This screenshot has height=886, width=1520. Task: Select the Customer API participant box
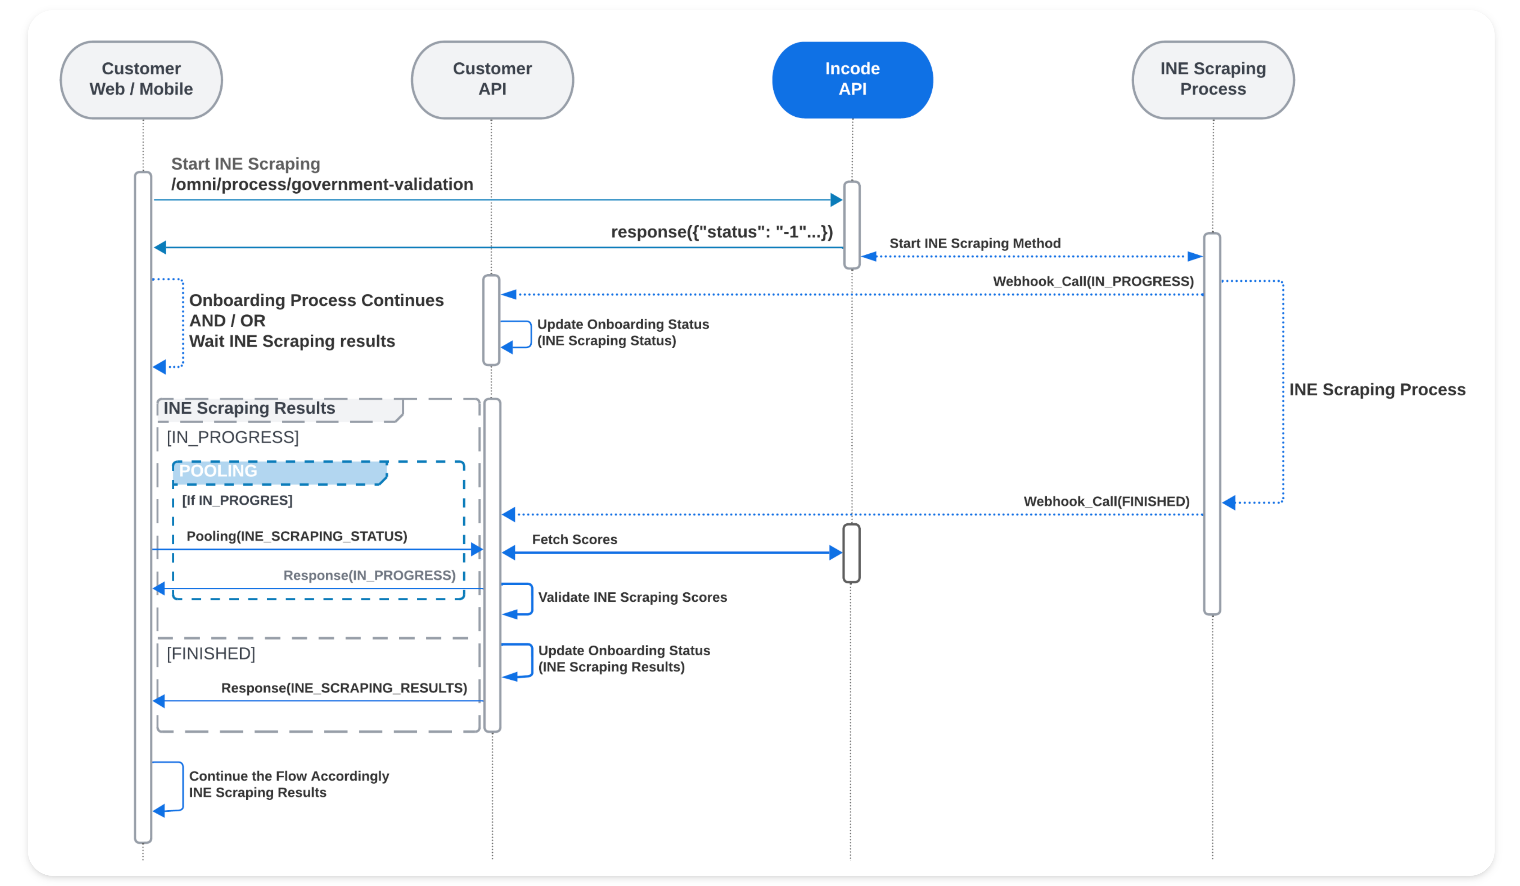pyautogui.click(x=492, y=80)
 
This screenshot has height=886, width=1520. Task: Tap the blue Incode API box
pyautogui.click(x=852, y=80)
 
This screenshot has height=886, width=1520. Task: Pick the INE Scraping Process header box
pyautogui.click(x=1213, y=80)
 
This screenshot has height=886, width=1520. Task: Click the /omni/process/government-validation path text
pyautogui.click(x=322, y=184)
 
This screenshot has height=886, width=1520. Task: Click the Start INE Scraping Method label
pyautogui.click(x=975, y=243)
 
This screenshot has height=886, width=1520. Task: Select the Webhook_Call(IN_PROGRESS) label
pyautogui.click(x=1093, y=281)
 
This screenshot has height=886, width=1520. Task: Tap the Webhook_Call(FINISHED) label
pyautogui.click(x=1106, y=502)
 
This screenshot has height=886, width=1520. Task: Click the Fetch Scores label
pyautogui.click(x=574, y=539)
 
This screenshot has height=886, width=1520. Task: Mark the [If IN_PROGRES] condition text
pyautogui.click(x=237, y=500)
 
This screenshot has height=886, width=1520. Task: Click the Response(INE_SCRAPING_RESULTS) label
pyautogui.click(x=344, y=688)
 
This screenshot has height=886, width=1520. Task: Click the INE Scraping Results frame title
pyautogui.click(x=249, y=408)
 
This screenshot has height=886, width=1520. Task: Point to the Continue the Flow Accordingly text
pyautogui.click(x=289, y=776)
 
